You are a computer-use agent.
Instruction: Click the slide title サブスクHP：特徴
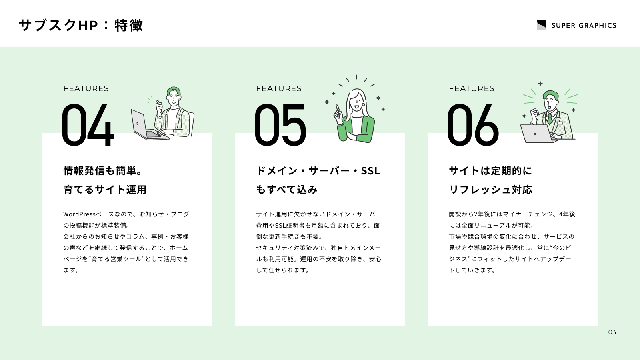click(x=81, y=26)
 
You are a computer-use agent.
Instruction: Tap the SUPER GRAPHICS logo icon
click(x=542, y=25)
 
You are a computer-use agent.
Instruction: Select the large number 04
click(x=88, y=125)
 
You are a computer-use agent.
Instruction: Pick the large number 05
click(x=280, y=125)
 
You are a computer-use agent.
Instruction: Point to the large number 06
click(x=473, y=125)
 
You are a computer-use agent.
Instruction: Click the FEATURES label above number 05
click(x=279, y=88)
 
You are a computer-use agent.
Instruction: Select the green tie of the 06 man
click(x=550, y=118)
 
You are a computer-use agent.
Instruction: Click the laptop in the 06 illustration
click(x=537, y=134)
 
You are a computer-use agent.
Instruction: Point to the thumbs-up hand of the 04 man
click(x=159, y=108)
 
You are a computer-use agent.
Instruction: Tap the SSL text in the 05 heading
click(x=370, y=171)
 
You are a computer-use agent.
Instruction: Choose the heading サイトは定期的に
click(x=490, y=171)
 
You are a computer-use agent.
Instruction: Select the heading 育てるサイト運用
click(x=105, y=190)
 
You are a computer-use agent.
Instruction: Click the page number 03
click(x=612, y=332)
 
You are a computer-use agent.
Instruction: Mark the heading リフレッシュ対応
click(x=490, y=190)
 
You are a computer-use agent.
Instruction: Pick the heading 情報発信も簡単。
click(x=102, y=171)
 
